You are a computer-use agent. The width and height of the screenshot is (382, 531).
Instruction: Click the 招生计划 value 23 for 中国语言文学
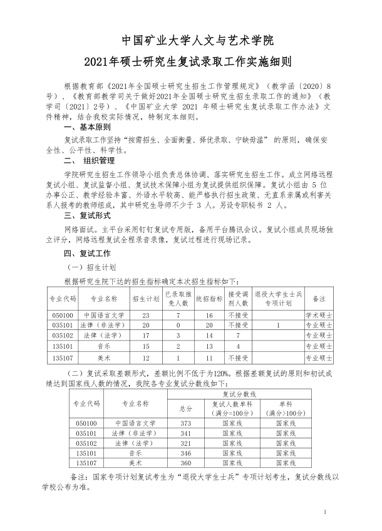point(146,315)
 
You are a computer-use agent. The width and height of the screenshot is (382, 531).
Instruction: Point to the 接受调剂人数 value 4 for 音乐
point(238,345)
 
